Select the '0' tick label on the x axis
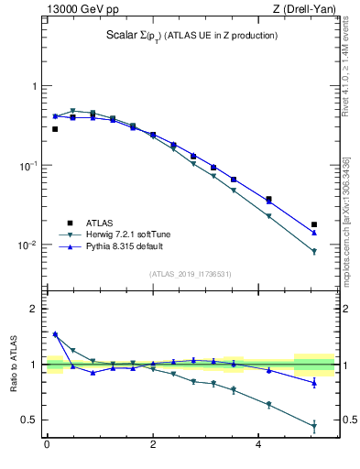click(47, 446)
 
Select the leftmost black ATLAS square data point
click(55, 129)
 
